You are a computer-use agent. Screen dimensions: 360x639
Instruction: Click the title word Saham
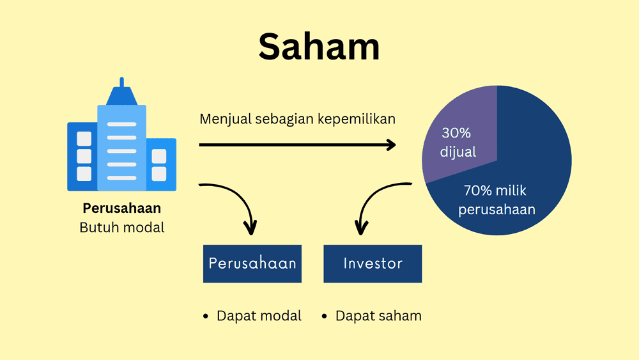319,47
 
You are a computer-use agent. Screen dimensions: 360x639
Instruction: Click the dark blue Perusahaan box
252,263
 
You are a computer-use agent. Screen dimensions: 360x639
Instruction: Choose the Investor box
373,263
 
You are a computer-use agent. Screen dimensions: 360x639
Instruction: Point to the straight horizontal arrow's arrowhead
389,145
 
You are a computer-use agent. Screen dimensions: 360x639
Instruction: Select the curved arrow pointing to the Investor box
377,198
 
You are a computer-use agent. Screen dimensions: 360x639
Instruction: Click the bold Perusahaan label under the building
121,208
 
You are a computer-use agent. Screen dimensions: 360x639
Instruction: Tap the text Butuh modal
121,227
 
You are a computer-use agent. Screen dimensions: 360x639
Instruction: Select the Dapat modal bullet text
259,315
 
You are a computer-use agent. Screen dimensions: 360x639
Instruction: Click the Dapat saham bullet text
378,315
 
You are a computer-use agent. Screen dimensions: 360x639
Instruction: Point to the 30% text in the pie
456,133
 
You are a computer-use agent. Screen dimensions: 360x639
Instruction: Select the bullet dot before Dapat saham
324,316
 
